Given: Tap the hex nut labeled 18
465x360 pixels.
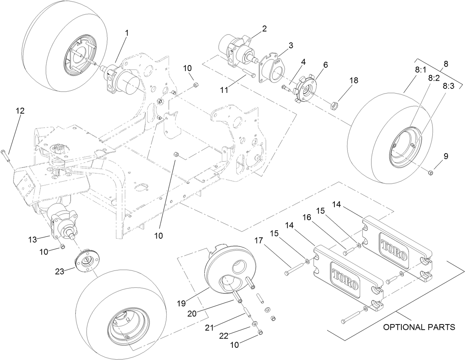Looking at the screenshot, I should pyautogui.click(x=334, y=105).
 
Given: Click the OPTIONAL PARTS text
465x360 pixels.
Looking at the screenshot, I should pyautogui.click(x=419, y=327).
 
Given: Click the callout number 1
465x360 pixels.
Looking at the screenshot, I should pyautogui.click(x=127, y=33).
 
